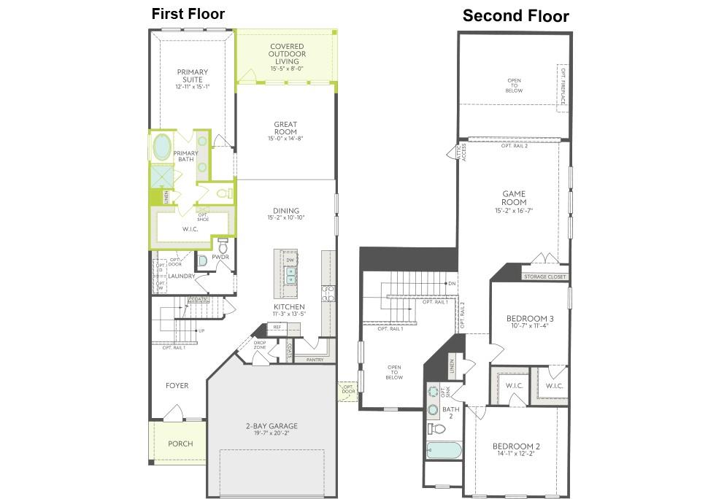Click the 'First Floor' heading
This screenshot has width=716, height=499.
click(188, 14)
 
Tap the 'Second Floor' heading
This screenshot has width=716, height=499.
click(515, 16)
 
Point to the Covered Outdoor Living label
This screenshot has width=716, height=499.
click(287, 54)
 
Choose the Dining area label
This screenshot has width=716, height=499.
click(286, 214)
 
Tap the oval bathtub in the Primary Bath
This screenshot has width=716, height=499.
click(161, 147)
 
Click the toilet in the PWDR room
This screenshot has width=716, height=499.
click(223, 246)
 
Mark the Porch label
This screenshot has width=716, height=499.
click(180, 444)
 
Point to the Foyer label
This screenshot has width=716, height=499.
click(177, 385)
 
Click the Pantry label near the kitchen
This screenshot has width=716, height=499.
click(315, 359)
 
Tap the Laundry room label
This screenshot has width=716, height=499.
click(181, 276)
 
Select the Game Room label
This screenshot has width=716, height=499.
click(514, 198)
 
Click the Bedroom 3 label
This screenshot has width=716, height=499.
click(530, 322)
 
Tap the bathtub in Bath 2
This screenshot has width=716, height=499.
click(444, 450)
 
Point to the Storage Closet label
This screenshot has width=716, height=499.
click(544, 277)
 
